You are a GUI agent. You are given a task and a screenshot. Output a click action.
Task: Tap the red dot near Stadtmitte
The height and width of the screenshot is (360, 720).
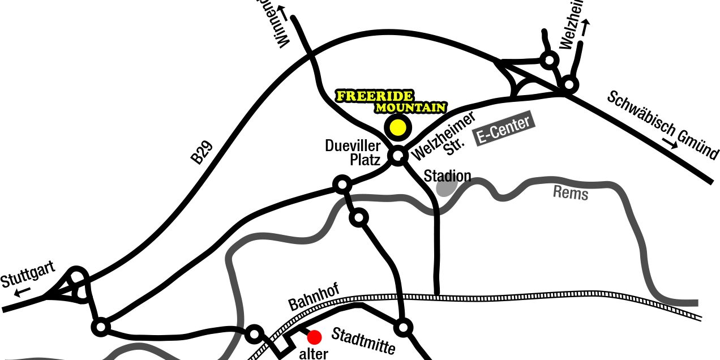314,337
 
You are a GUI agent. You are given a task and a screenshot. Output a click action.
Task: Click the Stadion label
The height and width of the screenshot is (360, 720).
447,176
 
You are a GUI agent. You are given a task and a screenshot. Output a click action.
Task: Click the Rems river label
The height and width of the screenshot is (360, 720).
571,194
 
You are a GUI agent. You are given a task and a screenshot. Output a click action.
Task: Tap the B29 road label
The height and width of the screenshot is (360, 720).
202,153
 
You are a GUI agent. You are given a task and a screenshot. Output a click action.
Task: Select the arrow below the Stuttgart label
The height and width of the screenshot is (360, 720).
23,293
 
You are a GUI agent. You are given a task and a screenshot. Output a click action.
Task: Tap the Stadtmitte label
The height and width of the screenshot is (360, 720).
363,340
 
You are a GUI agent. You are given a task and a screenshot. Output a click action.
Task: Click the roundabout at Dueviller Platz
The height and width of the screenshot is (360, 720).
398,156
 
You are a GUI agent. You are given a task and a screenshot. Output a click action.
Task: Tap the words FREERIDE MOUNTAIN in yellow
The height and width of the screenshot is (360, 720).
391,101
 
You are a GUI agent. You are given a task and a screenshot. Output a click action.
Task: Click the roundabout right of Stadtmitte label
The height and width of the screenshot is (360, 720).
403,327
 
